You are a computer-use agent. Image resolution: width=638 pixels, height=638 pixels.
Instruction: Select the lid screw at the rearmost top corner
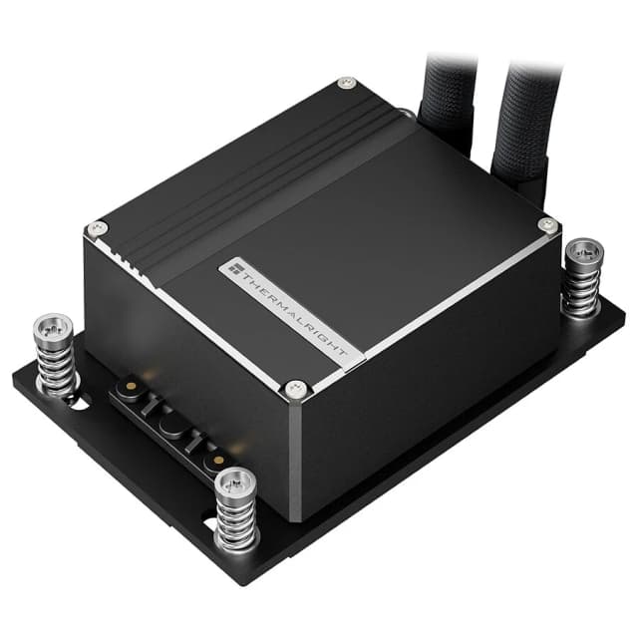pos(346,82)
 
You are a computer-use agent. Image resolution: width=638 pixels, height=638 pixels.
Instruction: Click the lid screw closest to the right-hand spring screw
pos(545,225)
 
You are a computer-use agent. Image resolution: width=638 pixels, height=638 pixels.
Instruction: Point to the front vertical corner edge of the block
pos(296,449)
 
